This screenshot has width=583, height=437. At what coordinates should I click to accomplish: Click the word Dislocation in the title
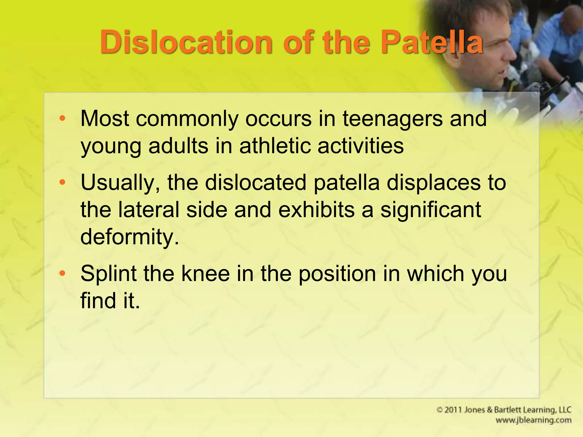186,43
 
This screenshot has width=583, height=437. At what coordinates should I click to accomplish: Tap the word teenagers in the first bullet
393,119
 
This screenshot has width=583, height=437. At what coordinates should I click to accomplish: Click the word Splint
108,273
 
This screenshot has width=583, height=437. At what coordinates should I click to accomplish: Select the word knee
205,273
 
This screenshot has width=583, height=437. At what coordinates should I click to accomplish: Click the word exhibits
316,210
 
